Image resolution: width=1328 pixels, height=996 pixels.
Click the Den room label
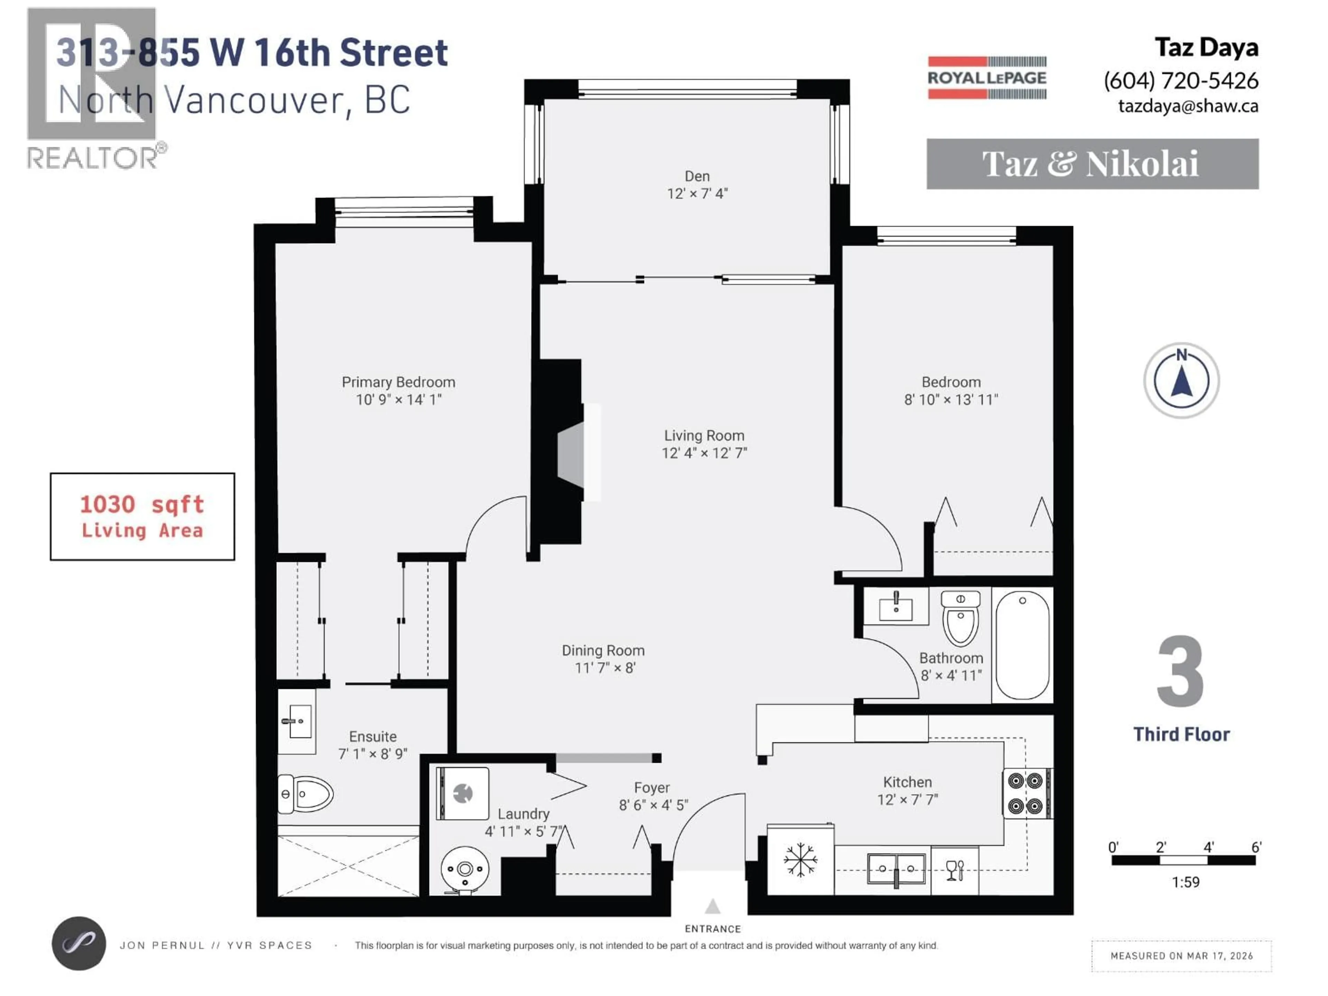pyautogui.click(x=697, y=176)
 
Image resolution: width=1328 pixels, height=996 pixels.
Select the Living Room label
pyautogui.click(x=704, y=436)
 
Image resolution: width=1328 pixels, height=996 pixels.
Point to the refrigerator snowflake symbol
pyautogui.click(x=800, y=860)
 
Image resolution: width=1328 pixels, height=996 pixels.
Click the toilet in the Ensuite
pyautogui.click(x=306, y=794)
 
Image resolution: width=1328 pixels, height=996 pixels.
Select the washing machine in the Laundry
pyautogui.click(x=462, y=793)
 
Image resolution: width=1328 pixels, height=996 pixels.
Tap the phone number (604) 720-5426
pyautogui.click(x=1181, y=81)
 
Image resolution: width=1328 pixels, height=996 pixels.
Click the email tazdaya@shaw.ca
pyautogui.click(x=1188, y=106)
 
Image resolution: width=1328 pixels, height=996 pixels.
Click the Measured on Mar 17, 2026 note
pyautogui.click(x=1181, y=956)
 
